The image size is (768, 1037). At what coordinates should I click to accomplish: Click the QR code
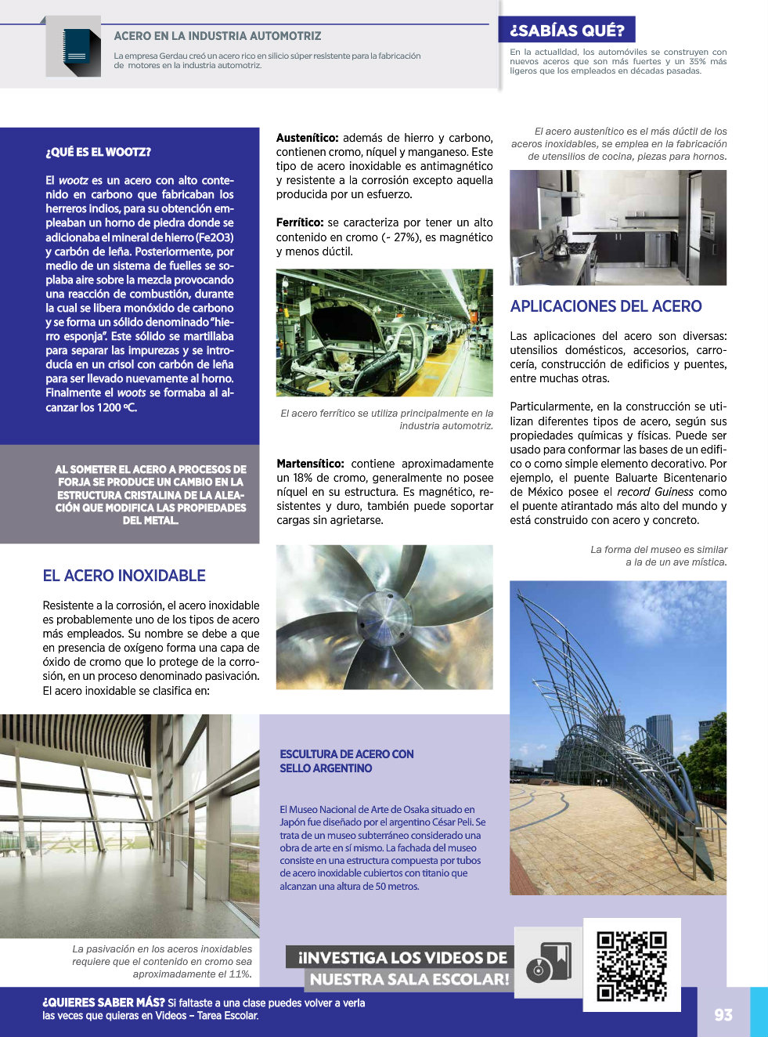[631, 965]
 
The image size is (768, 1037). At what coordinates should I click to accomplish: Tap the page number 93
[723, 1014]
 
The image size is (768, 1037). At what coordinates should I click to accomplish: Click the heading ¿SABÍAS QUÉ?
[567, 31]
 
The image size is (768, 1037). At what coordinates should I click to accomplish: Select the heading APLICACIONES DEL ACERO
[606, 306]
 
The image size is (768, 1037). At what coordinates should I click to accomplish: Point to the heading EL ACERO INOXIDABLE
[124, 576]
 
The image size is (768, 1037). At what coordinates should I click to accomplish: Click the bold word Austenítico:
[307, 138]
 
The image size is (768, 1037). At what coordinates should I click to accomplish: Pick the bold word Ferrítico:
[300, 223]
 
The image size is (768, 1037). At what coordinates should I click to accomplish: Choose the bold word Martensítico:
[310, 464]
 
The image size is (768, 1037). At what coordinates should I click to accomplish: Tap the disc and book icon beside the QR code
[548, 962]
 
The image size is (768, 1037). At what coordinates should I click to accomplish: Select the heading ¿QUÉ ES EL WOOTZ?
[98, 152]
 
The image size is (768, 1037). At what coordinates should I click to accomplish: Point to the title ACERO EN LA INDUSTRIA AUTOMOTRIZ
[218, 36]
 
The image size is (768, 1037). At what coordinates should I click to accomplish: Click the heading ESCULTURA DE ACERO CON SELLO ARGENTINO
[347, 761]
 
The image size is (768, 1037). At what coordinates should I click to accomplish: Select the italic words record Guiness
[655, 492]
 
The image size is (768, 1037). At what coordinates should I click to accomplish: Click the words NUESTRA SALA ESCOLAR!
[409, 979]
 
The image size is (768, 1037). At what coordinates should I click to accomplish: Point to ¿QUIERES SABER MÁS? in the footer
[103, 1003]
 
